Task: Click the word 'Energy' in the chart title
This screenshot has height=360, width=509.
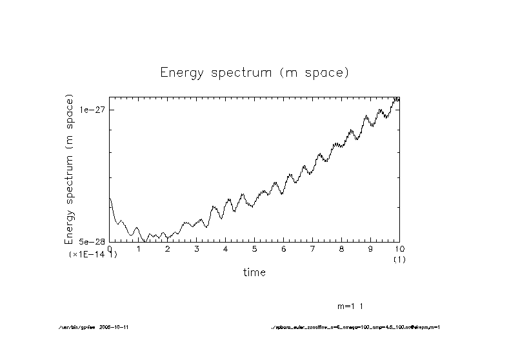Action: coord(180,73)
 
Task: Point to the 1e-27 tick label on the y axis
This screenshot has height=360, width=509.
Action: coord(91,110)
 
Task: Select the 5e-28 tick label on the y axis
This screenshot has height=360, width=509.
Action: coord(91,241)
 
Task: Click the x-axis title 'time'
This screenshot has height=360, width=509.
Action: coord(254,272)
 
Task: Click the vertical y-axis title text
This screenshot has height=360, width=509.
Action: coord(70,169)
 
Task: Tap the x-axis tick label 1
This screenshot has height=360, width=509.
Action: coord(139,248)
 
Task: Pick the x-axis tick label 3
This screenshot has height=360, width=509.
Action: coord(197,248)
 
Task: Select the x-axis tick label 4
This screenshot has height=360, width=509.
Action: coord(226,248)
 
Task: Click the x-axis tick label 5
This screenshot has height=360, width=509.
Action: coord(255,248)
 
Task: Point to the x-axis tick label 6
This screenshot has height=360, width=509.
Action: coord(284,248)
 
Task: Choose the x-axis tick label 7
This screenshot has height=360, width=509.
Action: coord(312,248)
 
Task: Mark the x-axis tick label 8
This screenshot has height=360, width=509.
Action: coord(341,248)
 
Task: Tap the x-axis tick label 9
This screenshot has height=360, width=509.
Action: coord(370,248)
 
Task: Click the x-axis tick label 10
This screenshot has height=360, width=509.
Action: coord(399,248)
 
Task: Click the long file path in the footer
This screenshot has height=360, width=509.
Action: coord(355,327)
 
